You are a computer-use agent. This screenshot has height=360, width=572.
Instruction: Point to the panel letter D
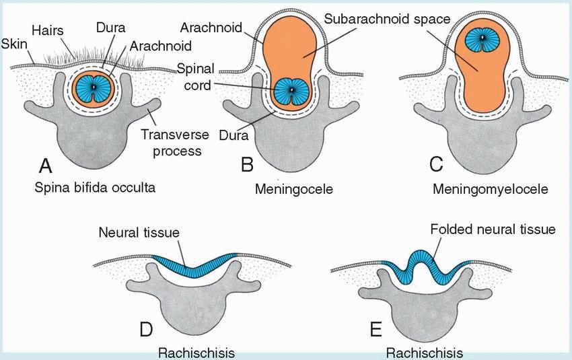coord(147,330)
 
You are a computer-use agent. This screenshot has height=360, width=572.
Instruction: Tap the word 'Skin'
coord(13,43)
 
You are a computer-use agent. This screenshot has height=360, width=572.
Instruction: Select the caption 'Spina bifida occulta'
coord(95,188)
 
